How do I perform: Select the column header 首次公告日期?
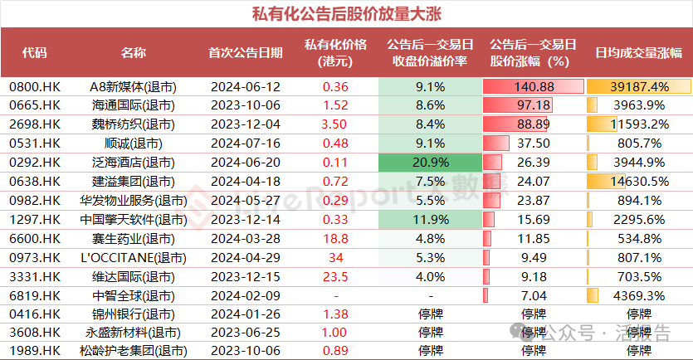[245, 52]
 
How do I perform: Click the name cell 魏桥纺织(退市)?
[133, 124]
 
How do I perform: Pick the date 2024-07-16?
[245, 144]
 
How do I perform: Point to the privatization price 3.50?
[335, 124]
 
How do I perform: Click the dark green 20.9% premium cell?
[431, 163]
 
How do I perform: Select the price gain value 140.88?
[534, 87]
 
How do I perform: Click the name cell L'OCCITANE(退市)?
[133, 257]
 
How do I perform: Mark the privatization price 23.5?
[335, 276]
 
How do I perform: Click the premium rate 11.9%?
[431, 219]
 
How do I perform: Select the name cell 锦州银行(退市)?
[133, 314]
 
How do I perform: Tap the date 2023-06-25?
[245, 333]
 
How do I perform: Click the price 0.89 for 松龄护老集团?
[335, 352]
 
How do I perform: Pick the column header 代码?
[35, 52]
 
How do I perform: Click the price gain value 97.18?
[534, 106]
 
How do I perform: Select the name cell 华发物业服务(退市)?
[133, 201]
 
